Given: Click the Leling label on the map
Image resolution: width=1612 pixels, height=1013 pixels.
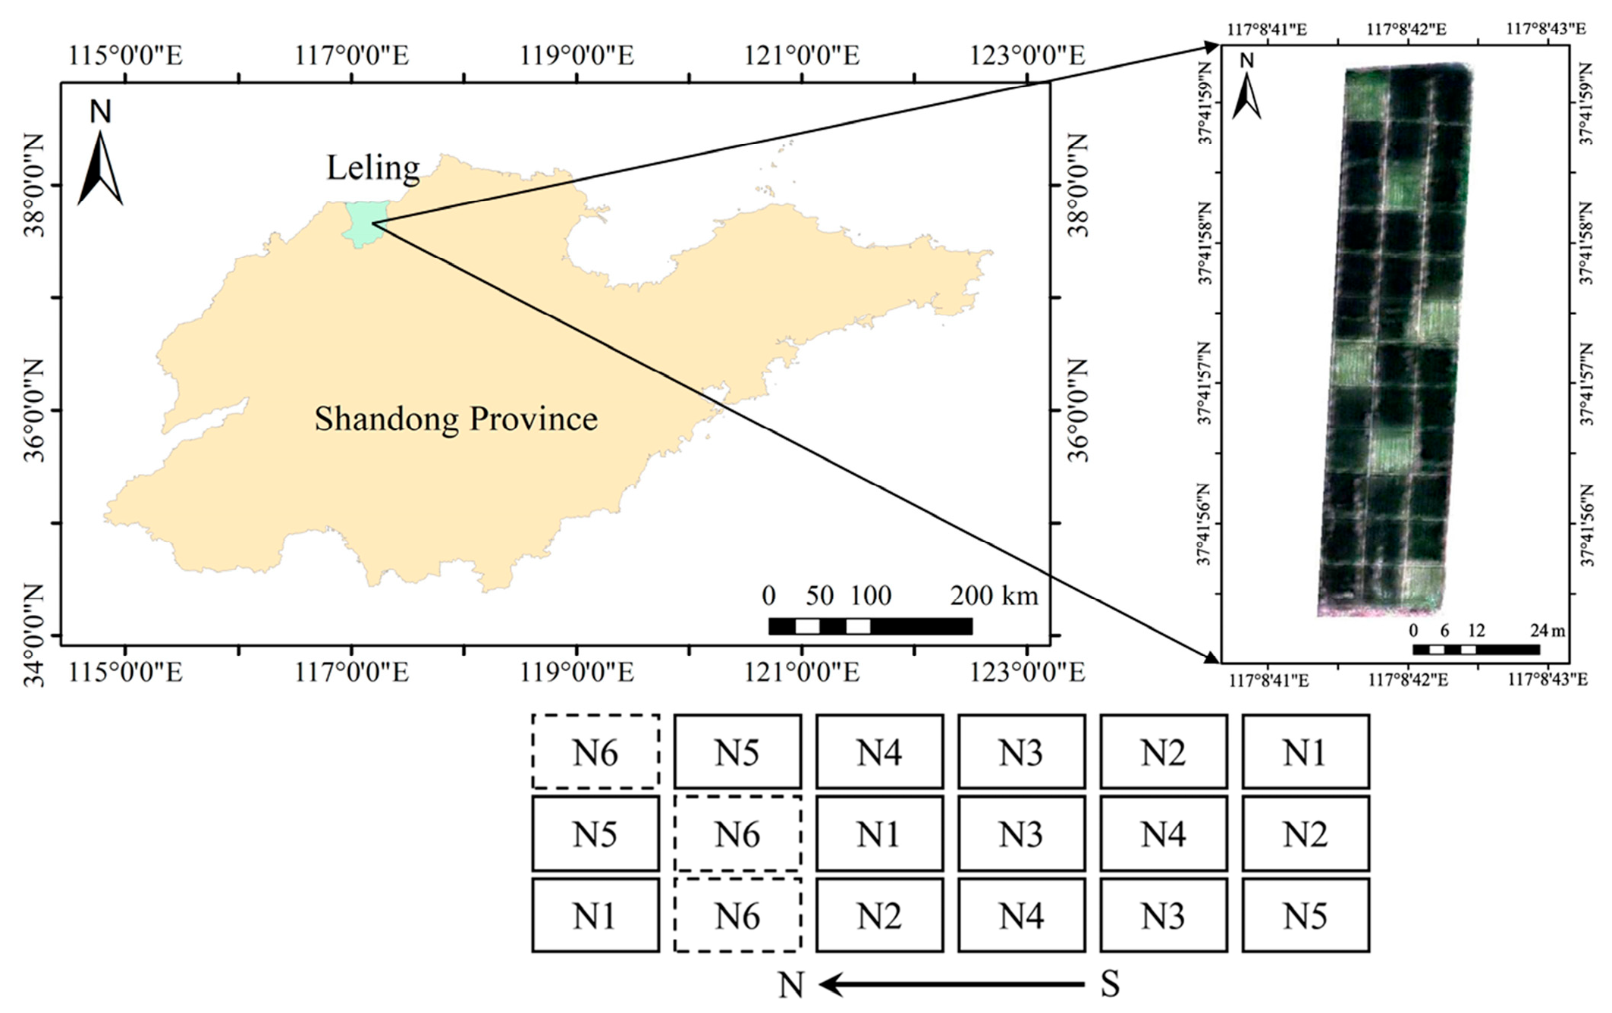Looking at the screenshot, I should (372, 168).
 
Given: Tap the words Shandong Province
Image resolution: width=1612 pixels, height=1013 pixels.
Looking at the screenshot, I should (456, 419).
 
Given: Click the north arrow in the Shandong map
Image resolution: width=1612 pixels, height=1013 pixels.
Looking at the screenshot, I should (100, 167).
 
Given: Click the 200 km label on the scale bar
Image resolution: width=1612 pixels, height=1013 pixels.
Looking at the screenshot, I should (994, 596).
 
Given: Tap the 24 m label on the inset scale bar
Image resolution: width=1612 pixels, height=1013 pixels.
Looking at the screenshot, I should (1547, 630).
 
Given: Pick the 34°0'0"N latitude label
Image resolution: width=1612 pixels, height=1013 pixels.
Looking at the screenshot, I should (34, 635).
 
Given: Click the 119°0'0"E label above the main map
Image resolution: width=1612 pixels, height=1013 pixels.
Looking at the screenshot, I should (577, 55).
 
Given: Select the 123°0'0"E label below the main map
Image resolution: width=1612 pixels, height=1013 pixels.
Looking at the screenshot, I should (1027, 672).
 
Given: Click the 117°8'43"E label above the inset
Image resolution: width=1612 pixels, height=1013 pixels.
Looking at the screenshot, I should (1545, 29).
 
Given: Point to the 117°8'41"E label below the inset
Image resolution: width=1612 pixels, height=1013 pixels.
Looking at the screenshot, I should (1268, 680).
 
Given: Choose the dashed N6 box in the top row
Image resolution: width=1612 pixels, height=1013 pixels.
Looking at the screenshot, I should (595, 752).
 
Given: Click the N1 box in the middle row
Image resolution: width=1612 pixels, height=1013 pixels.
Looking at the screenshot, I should (879, 834).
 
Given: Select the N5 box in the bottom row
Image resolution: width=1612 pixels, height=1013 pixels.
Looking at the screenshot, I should (1306, 916).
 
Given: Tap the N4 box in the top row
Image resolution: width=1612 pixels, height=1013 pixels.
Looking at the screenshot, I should (879, 752).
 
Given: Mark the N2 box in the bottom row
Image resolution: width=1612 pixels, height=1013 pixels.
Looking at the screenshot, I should (879, 916).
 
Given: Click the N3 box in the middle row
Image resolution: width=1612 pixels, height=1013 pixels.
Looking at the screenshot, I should (1021, 834).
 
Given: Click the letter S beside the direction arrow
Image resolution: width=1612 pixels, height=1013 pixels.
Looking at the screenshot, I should (1110, 985).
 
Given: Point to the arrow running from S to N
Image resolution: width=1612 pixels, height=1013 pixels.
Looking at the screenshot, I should (951, 985).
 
